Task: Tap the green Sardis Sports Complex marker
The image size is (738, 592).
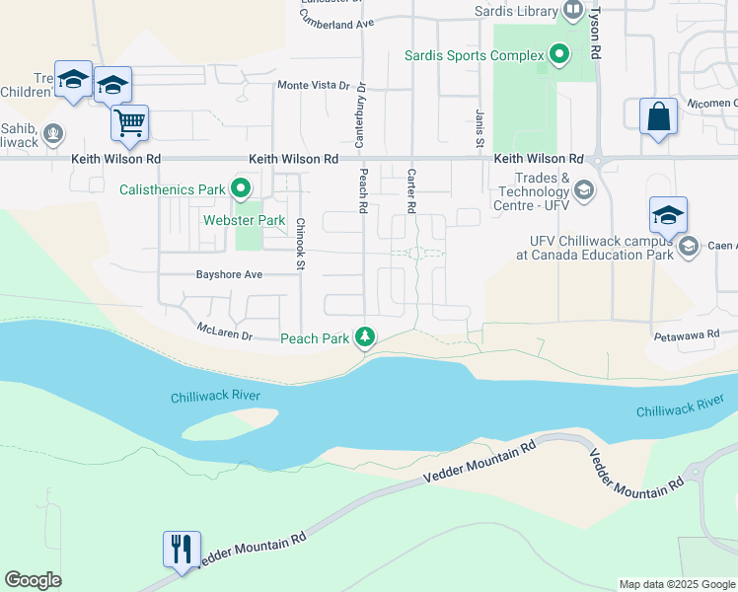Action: [559, 54]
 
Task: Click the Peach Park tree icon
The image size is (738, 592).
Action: [366, 338]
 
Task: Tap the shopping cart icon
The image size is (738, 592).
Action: [129, 123]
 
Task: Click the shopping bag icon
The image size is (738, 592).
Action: [658, 116]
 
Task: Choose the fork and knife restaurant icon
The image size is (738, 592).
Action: [182, 549]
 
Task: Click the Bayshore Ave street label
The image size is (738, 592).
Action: [229, 274]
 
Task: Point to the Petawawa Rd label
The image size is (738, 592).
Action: [686, 336]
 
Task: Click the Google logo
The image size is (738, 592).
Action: [33, 580]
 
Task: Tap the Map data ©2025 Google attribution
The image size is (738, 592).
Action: [677, 584]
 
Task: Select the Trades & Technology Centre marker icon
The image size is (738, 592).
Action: [585, 188]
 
